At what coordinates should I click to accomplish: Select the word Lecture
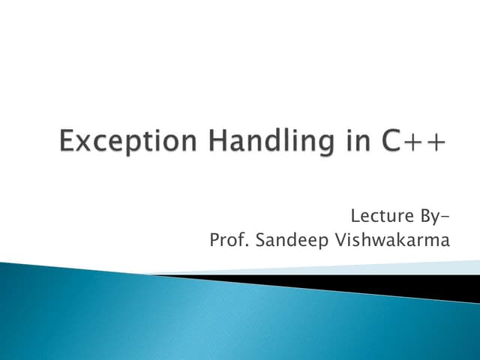pos(379,218)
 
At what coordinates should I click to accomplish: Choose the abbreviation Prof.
pos(229,241)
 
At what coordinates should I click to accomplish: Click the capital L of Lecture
pos(355,218)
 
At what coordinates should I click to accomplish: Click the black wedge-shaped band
pos(390,285)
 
